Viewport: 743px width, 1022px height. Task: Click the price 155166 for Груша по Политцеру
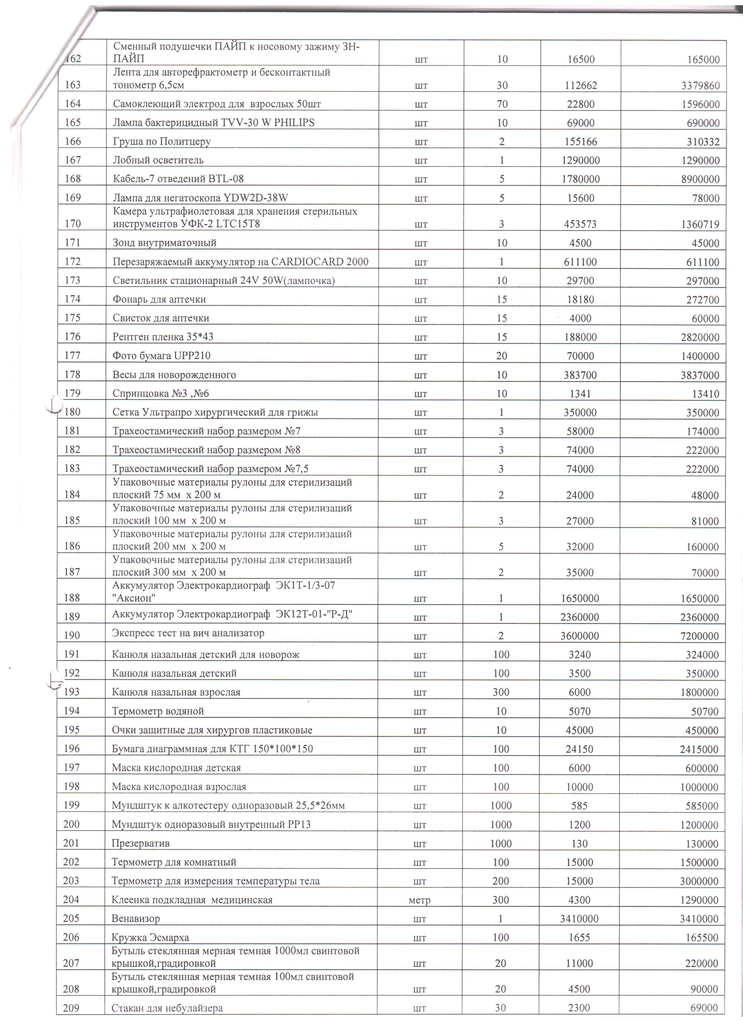pyautogui.click(x=580, y=142)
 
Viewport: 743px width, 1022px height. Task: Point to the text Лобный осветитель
pyautogui.click(x=158, y=160)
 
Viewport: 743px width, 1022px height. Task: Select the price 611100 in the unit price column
pyautogui.click(x=580, y=262)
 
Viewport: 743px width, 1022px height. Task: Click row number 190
pyautogui.click(x=72, y=635)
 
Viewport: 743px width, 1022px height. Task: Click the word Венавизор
pyautogui.click(x=135, y=918)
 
